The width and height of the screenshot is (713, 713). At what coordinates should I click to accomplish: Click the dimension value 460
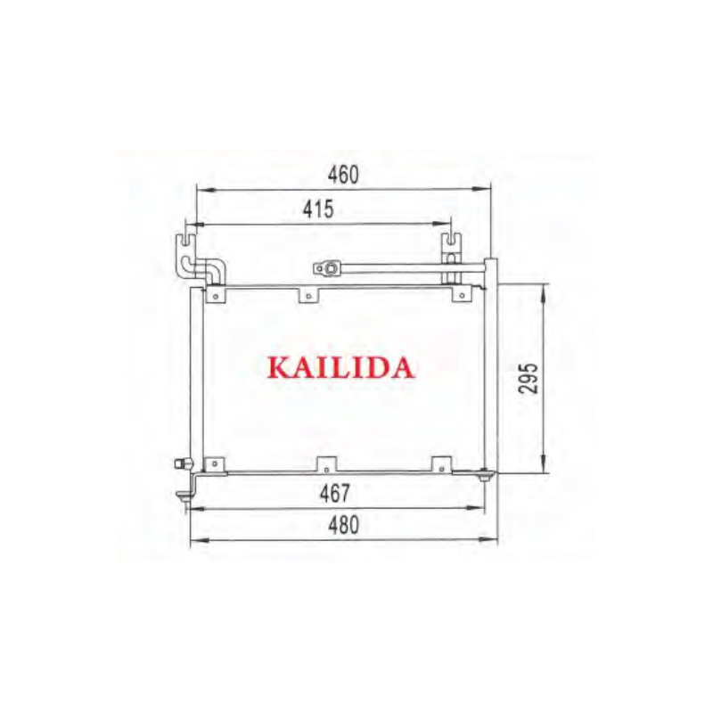click(342, 176)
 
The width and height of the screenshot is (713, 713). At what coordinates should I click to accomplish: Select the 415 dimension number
click(317, 210)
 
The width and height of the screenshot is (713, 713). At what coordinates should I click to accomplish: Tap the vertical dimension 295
click(529, 379)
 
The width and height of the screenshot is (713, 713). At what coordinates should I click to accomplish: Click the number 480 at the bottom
click(342, 526)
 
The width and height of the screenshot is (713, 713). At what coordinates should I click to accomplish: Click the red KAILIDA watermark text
click(341, 367)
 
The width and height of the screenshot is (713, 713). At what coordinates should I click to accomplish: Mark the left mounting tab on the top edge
click(214, 294)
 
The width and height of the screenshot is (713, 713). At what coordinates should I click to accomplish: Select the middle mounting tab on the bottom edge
click(326, 463)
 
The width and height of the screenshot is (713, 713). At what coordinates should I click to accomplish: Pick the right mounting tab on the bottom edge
click(441, 463)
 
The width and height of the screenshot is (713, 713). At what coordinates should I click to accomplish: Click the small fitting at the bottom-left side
click(184, 463)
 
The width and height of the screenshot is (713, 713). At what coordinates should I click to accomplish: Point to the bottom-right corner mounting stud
click(487, 476)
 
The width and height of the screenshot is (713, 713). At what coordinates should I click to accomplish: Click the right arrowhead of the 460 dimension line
click(487, 189)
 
